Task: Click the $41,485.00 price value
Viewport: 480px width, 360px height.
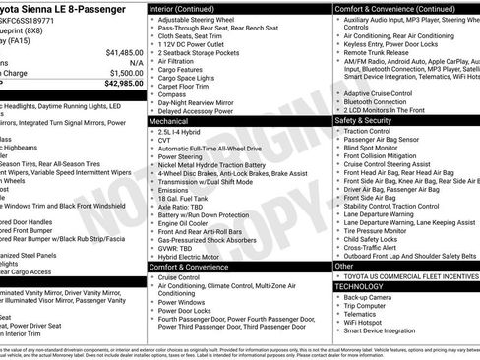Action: (124, 51)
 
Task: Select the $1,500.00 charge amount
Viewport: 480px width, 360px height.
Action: (126, 72)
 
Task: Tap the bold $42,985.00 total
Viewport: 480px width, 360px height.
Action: (124, 83)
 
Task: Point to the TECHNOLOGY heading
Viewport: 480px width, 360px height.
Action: (364, 285)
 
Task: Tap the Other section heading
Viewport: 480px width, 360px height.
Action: (344, 266)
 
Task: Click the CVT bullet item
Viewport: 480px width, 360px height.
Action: (163, 140)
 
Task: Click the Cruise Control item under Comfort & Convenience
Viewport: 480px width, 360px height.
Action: (178, 278)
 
